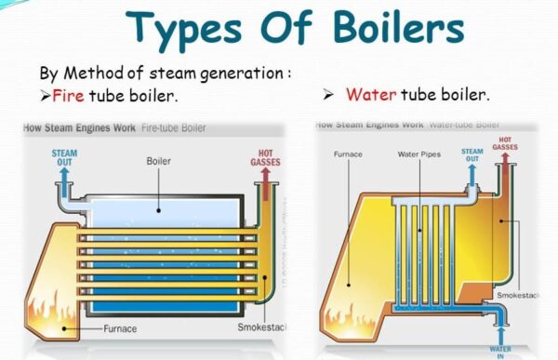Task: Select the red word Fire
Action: (x=69, y=95)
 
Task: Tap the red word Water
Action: (x=372, y=95)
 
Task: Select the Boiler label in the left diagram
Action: (x=158, y=160)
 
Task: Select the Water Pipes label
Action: (x=418, y=153)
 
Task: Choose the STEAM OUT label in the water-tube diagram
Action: (x=472, y=154)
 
